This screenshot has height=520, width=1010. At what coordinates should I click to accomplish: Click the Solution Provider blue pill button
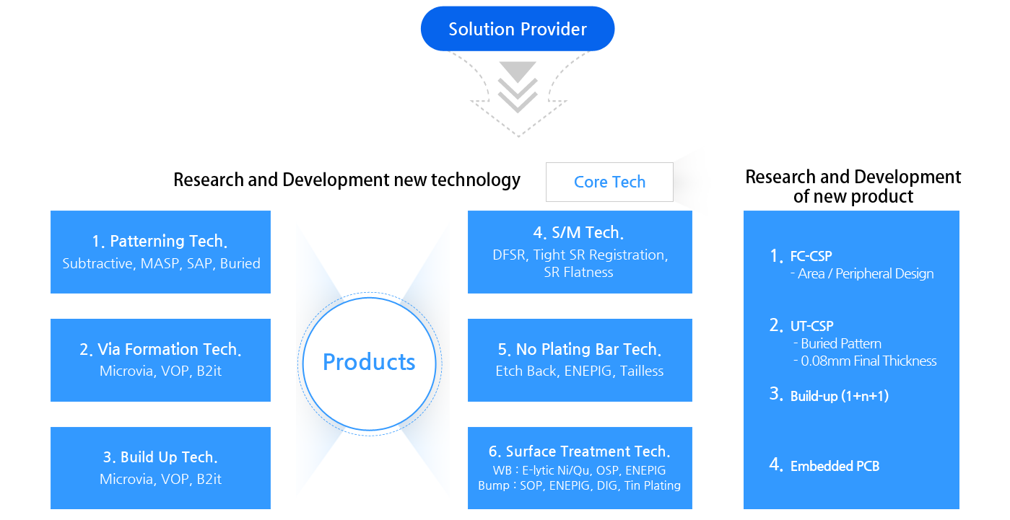click(x=517, y=29)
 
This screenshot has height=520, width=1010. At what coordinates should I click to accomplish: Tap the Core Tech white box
click(x=609, y=182)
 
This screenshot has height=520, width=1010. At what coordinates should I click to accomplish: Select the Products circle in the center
click(x=369, y=361)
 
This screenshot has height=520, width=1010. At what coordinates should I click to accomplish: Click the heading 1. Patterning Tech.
click(x=161, y=241)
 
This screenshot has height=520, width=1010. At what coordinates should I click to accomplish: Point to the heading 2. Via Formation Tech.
click(x=160, y=349)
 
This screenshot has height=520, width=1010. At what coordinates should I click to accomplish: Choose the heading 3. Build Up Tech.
click(x=160, y=457)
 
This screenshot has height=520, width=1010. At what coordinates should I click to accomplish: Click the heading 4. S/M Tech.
click(x=579, y=232)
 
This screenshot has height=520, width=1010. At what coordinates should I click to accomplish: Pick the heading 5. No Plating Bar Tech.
click(x=580, y=349)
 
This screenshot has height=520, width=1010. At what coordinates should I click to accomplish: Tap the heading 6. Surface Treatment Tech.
click(x=580, y=451)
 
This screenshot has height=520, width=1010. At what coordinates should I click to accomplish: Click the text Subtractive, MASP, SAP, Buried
click(x=161, y=263)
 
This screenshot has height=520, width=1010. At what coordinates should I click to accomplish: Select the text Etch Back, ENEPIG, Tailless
click(x=580, y=371)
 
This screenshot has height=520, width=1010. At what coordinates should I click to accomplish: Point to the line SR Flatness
click(x=579, y=272)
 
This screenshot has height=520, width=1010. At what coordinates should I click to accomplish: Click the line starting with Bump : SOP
click(x=579, y=485)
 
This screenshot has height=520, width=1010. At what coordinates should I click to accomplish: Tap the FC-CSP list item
click(x=811, y=256)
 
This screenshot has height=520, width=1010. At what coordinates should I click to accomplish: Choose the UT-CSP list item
click(x=811, y=326)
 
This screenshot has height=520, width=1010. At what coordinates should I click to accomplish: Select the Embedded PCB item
click(x=835, y=466)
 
